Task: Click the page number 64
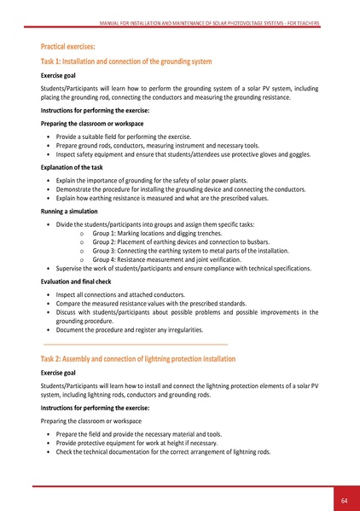coord(342,499)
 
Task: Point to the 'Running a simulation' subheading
coord(69,210)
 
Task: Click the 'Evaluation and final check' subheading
coord(77,280)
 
